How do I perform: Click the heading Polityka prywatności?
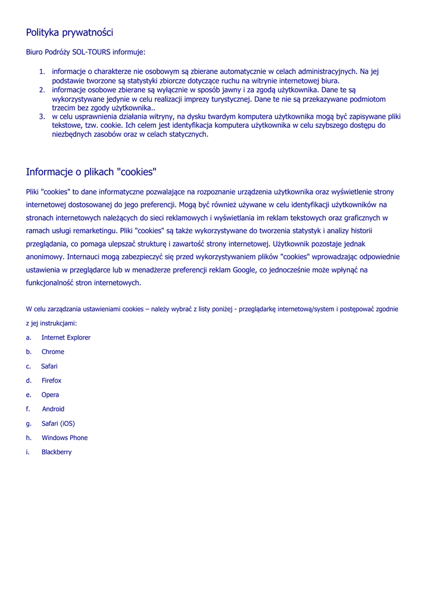click(70, 33)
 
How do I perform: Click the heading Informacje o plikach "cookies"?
click(91, 172)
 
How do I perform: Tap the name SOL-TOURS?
click(89, 52)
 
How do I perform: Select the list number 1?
click(42, 72)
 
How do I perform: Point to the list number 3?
click(42, 117)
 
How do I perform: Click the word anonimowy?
click(43, 257)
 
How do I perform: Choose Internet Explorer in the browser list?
click(66, 338)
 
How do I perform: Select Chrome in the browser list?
click(53, 352)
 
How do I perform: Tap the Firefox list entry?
click(51, 381)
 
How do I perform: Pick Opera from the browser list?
click(50, 395)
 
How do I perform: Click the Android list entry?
click(53, 409)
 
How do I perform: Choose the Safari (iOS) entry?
click(58, 423)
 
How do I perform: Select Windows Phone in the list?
click(64, 438)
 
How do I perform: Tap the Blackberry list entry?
click(57, 452)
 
